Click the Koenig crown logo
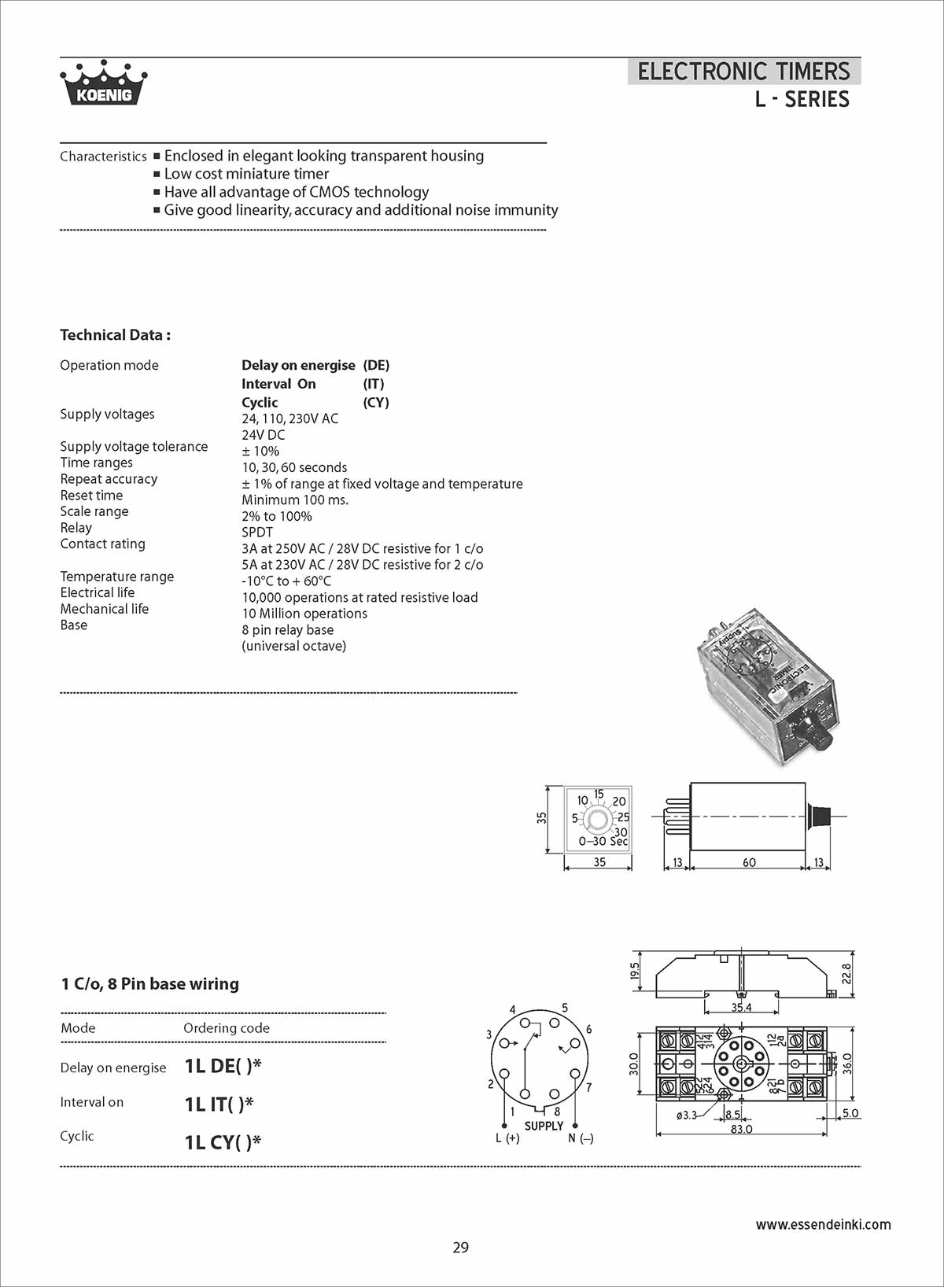coord(103,83)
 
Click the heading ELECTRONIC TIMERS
coord(743,72)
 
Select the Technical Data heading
coord(115,335)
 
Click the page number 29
coord(461,1247)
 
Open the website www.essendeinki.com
coord(823,1224)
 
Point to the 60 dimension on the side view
coord(749,862)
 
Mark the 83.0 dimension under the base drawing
coord(741,1129)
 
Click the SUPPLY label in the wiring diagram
coord(544,1126)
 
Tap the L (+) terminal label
coord(507,1138)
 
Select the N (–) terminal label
coord(581,1138)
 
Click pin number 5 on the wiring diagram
coord(565,1008)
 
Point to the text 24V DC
coord(264,435)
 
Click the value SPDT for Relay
coord(257,533)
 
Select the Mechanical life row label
coord(105,609)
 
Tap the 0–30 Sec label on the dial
coord(603,841)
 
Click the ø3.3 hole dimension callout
coord(686,1115)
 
